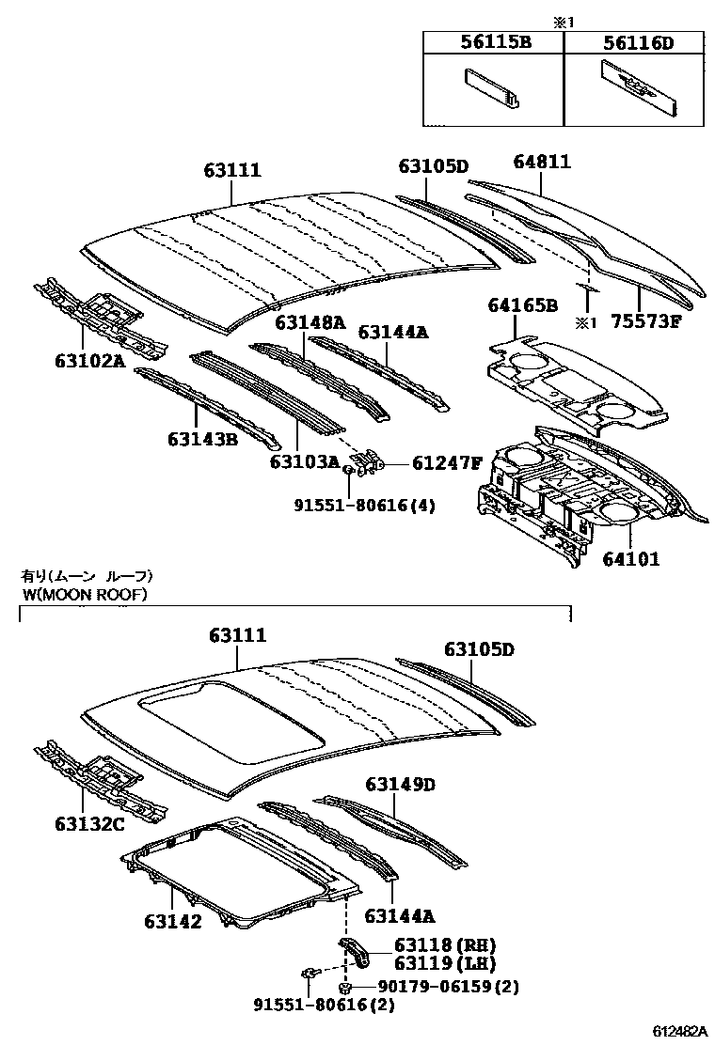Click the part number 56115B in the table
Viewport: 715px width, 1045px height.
[492, 42]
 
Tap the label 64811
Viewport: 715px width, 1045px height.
[541, 163]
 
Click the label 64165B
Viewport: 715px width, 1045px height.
[522, 305]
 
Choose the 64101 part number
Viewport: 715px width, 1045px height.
[630, 559]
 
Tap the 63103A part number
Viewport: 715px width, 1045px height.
[304, 461]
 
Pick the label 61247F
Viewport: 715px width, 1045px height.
[448, 462]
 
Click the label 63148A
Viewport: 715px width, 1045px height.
[310, 322]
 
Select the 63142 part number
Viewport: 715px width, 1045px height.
[172, 922]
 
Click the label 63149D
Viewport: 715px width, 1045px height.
[401, 784]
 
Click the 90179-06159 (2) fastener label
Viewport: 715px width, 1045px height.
[448, 986]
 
